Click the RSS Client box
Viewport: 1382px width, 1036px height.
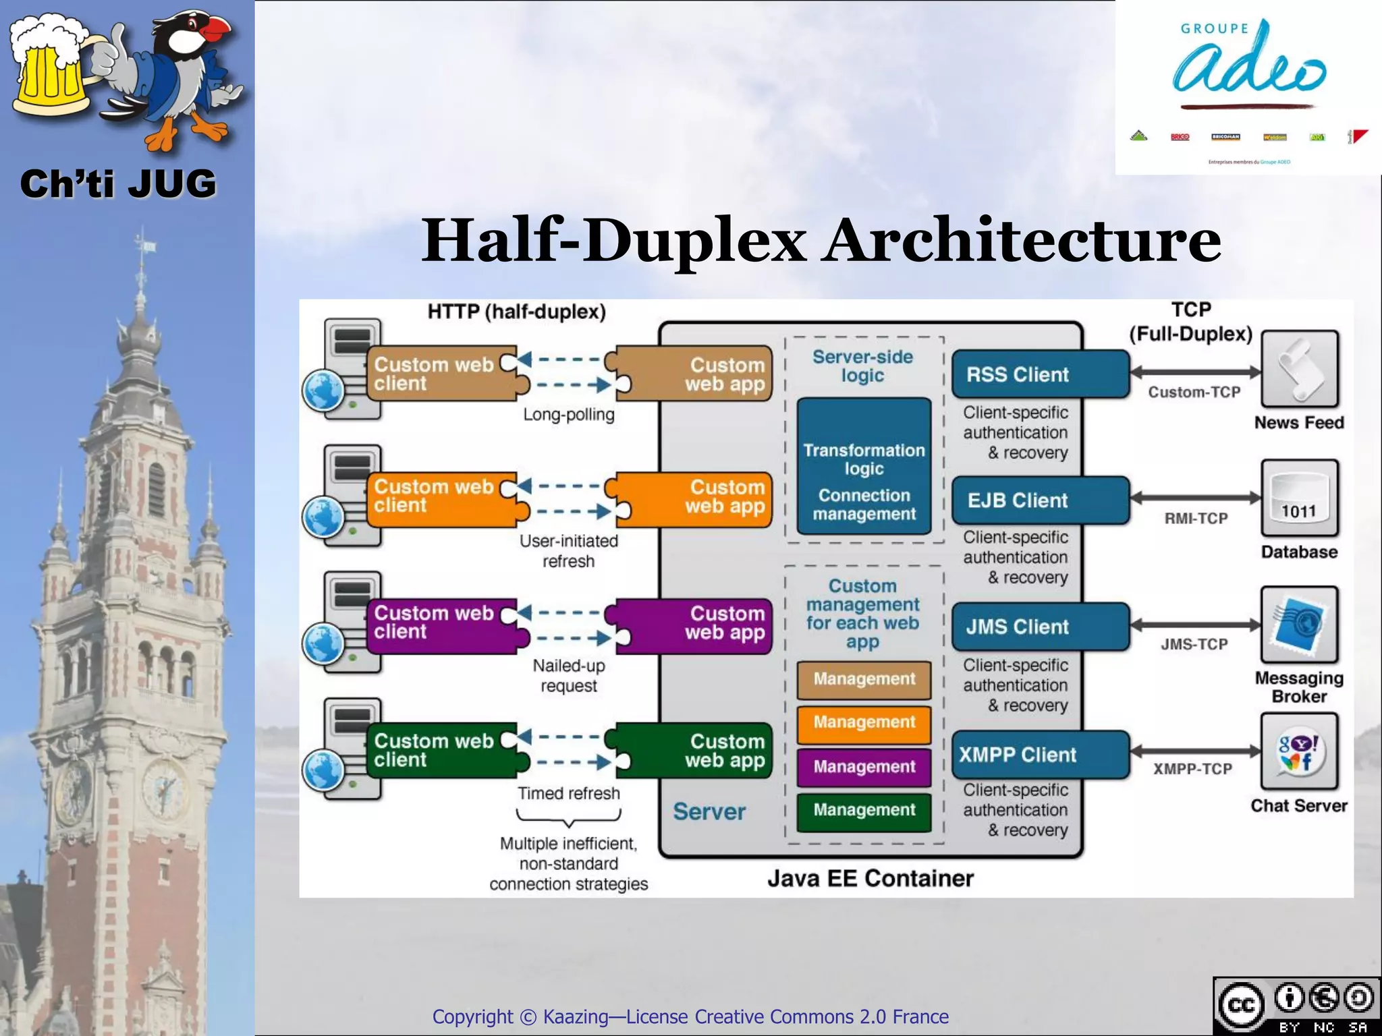[1039, 374]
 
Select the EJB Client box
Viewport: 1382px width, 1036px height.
[1039, 500]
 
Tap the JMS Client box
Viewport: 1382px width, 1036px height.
[1039, 627]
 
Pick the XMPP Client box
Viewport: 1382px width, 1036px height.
[1039, 755]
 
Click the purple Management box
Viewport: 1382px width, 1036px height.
[864, 767]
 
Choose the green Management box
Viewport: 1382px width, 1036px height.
[864, 810]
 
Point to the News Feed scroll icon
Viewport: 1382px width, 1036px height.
[1299, 369]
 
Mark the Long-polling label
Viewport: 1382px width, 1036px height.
[569, 415]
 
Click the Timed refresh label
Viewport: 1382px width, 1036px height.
[569, 794]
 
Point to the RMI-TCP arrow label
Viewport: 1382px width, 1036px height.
[1196, 519]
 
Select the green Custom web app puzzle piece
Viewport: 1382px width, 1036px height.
[695, 751]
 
